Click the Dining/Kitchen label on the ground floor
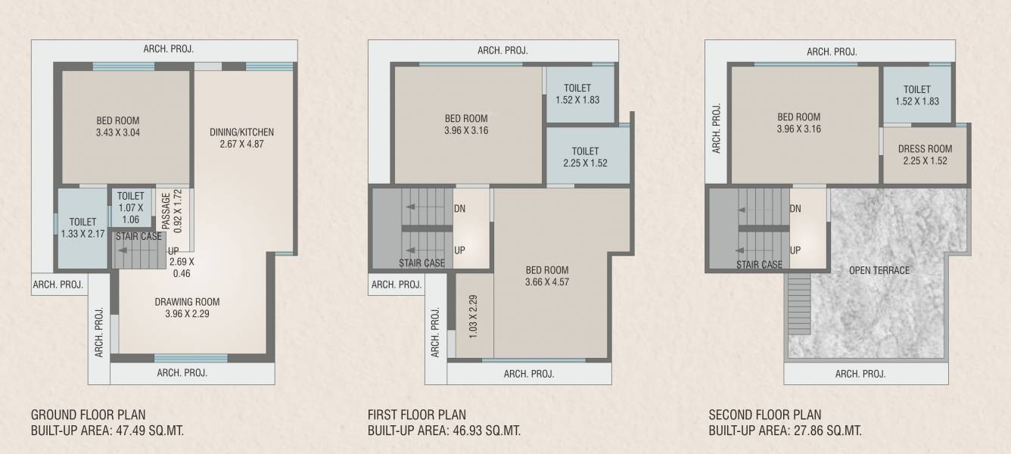pos(241,132)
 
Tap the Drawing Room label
pos(187,302)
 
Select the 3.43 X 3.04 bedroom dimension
pos(117,132)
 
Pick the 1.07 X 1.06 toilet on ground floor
pos(130,208)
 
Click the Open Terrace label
pos(879,270)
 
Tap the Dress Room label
pos(925,149)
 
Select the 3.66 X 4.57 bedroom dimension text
pos(547,282)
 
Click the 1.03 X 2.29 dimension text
pos(473,316)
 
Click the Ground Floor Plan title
pos(88,415)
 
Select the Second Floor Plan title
pos(764,415)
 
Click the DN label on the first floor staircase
pos(459,209)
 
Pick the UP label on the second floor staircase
pos(795,250)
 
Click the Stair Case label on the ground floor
pos(138,237)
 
